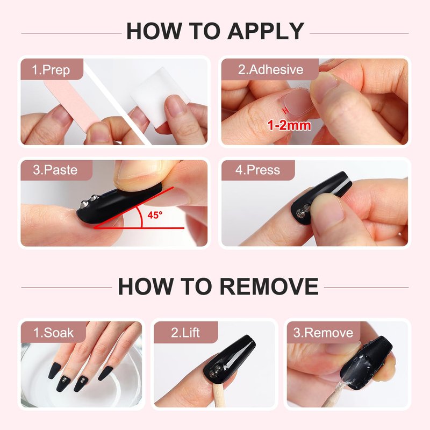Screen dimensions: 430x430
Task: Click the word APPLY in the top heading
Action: [266, 32]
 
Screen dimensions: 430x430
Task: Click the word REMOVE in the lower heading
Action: [269, 286]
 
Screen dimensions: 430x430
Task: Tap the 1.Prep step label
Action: [51, 70]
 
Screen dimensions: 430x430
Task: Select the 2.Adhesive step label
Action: [270, 69]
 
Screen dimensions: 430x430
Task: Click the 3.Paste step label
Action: [55, 170]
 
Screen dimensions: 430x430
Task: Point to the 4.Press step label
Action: [257, 170]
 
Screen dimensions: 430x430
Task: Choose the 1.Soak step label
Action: [53, 333]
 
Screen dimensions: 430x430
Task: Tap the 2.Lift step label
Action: [185, 333]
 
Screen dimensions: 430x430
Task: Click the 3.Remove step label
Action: [324, 333]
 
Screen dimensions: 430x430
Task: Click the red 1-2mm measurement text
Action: [289, 125]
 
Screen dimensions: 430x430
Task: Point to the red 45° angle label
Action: [155, 215]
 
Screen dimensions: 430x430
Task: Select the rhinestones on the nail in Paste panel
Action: [89, 201]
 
